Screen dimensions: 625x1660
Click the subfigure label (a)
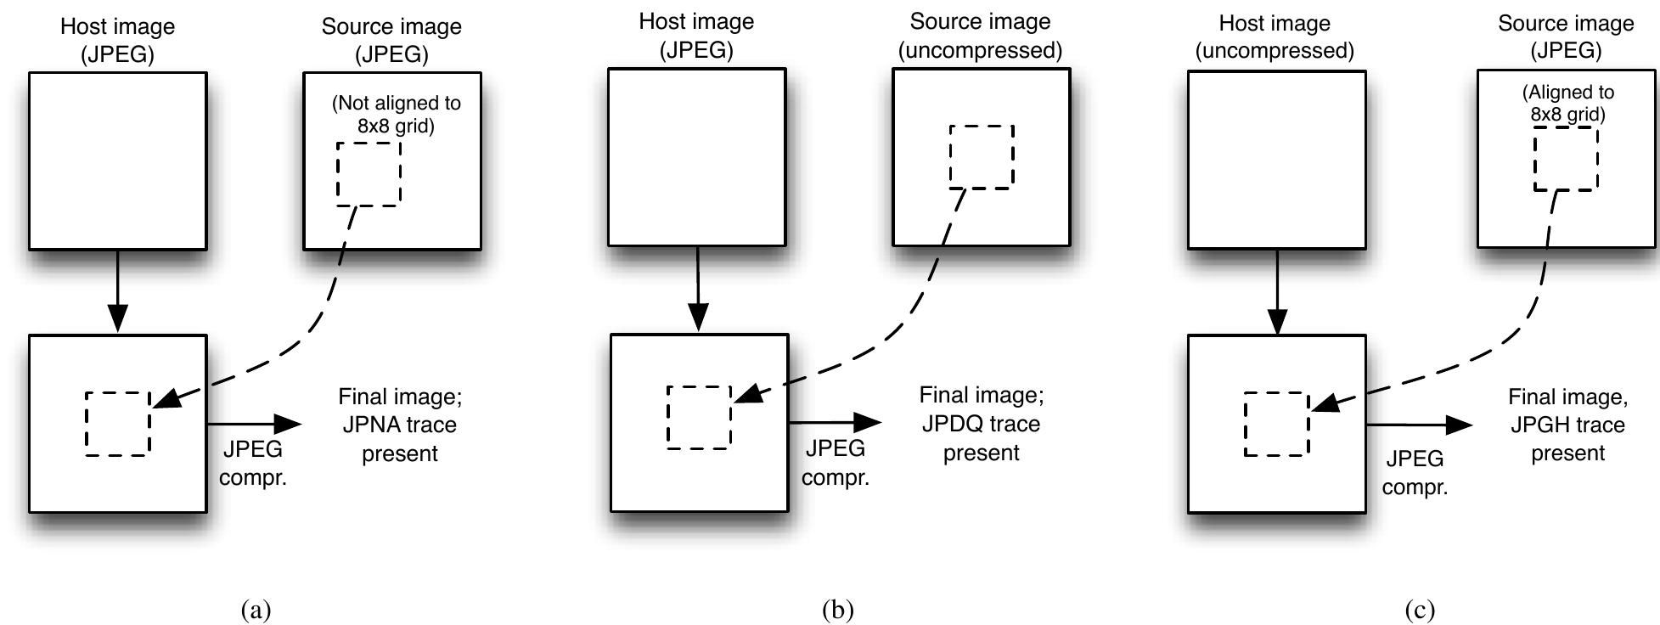pos(256,610)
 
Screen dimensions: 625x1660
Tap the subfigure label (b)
pos(837,610)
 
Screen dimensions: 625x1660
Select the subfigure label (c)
pos(1419,610)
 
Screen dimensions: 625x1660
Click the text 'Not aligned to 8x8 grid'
pos(396,115)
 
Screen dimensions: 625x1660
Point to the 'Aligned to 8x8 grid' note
pos(1567,103)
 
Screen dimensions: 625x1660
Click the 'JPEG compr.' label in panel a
pos(253,463)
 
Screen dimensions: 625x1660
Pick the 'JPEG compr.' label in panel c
pos(1415,472)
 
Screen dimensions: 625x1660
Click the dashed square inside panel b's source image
pos(982,156)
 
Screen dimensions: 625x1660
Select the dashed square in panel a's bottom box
pos(118,423)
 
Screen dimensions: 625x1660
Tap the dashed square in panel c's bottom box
pos(1277,424)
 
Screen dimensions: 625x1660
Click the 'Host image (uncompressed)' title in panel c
pos(1275,37)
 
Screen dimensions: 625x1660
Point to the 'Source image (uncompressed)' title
pos(980,36)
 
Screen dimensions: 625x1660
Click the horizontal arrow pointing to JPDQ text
pos(835,422)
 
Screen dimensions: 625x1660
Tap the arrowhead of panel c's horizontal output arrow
pos(1460,425)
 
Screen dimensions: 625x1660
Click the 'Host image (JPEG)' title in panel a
pos(117,40)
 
